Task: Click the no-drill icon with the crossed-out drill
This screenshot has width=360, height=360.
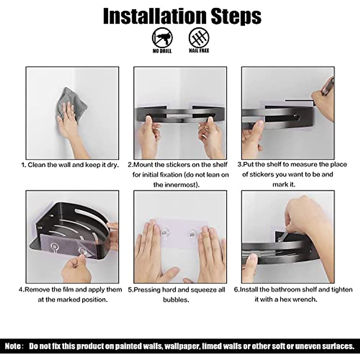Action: point(162,37)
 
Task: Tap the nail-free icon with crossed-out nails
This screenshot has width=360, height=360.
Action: point(199,37)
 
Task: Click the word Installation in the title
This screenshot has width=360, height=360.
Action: point(155,16)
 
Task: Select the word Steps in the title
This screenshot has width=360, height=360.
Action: point(236,17)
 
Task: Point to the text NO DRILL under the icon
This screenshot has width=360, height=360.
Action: point(162,51)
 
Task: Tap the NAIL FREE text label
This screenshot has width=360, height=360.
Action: point(199,50)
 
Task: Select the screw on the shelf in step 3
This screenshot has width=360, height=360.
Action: point(296,117)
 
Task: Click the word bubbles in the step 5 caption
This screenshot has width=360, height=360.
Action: point(176,300)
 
